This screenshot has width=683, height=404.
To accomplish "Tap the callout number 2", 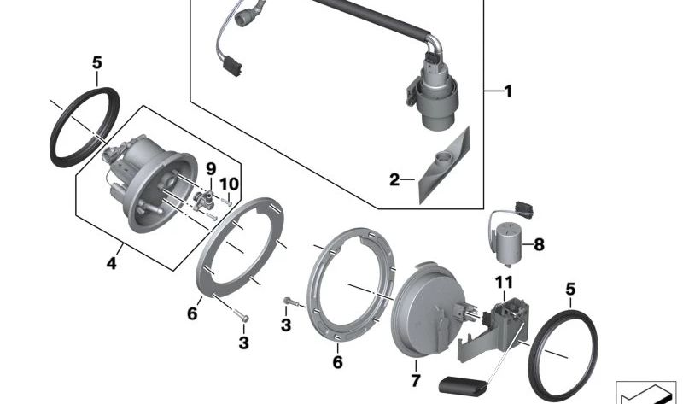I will tap(394, 179).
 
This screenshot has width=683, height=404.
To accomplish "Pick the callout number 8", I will tap(539, 245).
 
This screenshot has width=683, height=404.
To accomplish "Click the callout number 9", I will tap(211, 167).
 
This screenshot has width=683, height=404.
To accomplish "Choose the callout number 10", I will tap(227, 184).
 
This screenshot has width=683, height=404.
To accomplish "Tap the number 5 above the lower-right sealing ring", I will tap(570, 290).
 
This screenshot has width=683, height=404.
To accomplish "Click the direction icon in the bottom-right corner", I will tap(645, 389).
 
